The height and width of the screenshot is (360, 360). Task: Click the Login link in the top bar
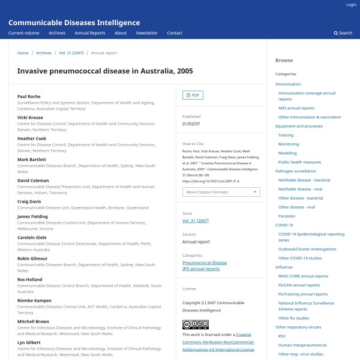pos(351,5)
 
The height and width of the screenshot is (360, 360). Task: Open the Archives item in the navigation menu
pos(57,33)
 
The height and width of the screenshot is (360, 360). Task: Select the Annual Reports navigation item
pos(89,33)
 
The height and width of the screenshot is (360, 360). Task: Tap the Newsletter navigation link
pos(146,33)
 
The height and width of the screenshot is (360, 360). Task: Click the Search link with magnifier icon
pos(343,33)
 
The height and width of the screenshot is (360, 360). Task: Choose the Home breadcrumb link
pos(23,53)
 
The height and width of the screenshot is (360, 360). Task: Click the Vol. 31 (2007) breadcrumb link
pos(71,53)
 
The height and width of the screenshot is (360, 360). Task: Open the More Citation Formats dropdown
pos(221,192)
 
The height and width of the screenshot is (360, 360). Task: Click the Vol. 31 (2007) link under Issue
pos(195,221)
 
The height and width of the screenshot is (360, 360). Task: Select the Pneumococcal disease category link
pos(205,263)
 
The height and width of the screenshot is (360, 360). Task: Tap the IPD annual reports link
pos(201,269)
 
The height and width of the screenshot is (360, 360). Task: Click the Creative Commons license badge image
pos(195,325)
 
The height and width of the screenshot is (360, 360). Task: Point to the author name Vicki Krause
pos(30,118)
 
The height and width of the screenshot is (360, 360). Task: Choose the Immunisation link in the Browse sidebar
pos(288,84)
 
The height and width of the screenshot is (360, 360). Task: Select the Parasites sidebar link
pos(286,216)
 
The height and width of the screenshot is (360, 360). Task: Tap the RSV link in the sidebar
pos(282,336)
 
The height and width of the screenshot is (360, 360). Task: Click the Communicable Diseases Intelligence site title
pos(74,23)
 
